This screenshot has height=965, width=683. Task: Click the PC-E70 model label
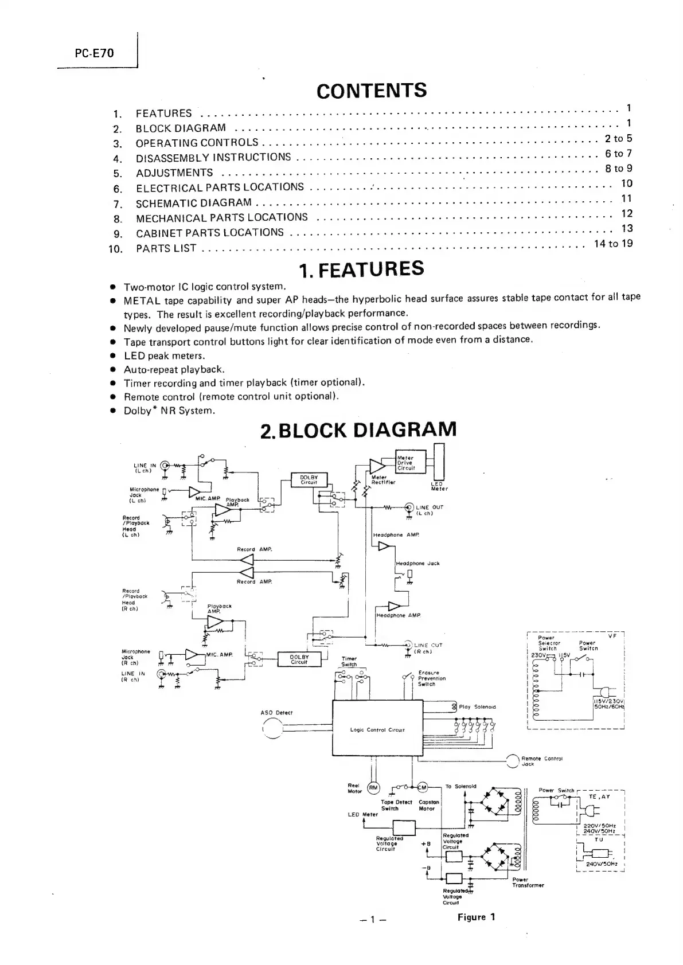tap(95, 53)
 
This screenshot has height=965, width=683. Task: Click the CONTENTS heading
tap(371, 91)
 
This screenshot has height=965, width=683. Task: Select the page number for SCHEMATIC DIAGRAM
tap(627, 198)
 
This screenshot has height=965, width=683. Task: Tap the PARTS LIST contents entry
tap(166, 248)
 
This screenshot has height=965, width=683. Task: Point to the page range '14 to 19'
tap(613, 244)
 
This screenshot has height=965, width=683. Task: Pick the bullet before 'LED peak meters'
tap(114, 356)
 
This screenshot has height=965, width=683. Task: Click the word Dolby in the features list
tap(138, 411)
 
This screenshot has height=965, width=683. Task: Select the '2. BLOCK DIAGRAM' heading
tap(358, 430)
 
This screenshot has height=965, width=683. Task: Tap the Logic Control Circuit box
tap(377, 729)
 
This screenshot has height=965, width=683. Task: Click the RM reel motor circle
tap(373, 788)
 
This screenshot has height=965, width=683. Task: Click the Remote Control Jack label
tap(541, 761)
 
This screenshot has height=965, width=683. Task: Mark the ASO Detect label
tap(276, 713)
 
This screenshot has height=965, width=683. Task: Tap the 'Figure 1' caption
tap(476, 917)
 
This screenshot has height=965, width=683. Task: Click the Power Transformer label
tap(528, 882)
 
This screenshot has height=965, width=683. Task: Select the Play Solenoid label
tap(477, 707)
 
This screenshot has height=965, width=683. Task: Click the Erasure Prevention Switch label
tap(432, 678)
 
